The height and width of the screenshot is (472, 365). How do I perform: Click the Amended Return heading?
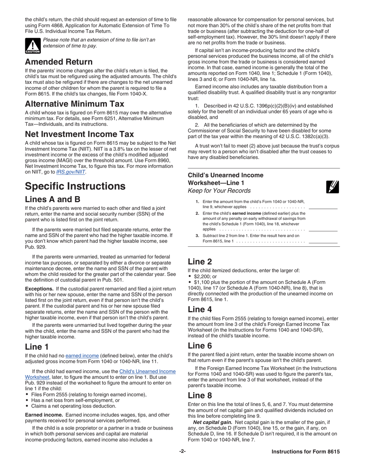tap(58, 62)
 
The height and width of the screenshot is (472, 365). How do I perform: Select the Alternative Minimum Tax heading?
tap(75, 104)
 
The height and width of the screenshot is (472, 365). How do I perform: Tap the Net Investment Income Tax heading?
tap(79, 134)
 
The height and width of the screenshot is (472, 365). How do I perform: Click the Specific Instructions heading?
tap(75, 186)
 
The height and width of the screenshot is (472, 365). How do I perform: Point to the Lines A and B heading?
tap(52, 200)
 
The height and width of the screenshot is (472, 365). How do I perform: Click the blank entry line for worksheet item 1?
tap(323, 207)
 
